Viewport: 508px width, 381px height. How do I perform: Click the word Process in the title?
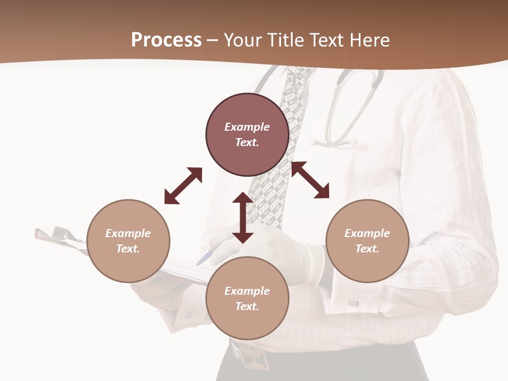[166, 40]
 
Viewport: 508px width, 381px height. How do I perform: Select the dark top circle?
[247, 134]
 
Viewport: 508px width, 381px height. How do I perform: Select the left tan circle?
[128, 241]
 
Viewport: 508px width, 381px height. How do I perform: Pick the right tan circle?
[367, 241]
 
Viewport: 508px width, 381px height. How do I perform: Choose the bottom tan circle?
[247, 298]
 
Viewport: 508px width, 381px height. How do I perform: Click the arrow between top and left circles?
[183, 186]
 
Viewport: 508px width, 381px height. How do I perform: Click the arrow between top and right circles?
[311, 180]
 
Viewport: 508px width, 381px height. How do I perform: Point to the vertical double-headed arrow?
[243, 217]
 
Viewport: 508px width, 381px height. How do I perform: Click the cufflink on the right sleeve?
[353, 303]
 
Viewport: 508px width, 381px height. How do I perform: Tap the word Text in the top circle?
[247, 142]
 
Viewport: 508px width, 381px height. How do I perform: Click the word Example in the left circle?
[128, 233]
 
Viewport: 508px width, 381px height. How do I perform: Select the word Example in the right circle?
[367, 233]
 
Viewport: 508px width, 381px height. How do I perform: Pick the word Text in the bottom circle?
[247, 306]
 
